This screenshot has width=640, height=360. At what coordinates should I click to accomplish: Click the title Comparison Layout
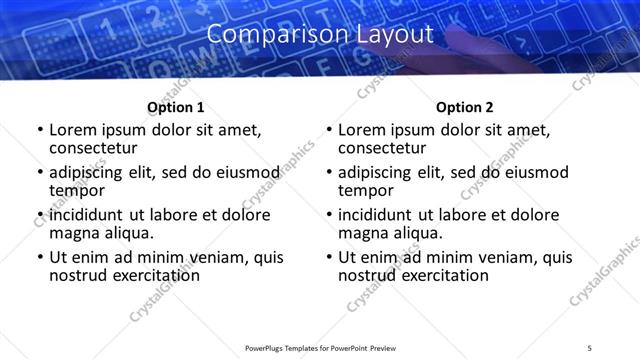click(320, 34)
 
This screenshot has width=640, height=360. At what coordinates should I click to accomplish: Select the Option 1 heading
click(175, 107)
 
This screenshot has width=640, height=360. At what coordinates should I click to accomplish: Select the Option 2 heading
click(464, 107)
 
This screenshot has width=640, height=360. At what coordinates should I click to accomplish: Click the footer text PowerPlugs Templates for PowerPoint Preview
click(320, 347)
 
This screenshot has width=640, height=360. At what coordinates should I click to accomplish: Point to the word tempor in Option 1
click(76, 190)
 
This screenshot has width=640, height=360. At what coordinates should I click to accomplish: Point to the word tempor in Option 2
click(365, 190)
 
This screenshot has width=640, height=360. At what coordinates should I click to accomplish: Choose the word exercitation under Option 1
click(139, 275)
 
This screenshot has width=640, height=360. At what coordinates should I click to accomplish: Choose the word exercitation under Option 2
click(428, 275)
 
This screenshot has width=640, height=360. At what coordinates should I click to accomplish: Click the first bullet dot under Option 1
click(40, 131)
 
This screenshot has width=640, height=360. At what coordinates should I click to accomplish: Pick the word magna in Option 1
click(73, 233)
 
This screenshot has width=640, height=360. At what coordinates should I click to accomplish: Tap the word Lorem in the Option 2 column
click(361, 130)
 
